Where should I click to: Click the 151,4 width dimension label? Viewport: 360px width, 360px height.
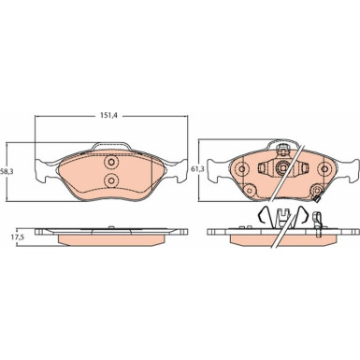point(108,115)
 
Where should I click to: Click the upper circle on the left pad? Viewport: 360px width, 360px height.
point(111,162)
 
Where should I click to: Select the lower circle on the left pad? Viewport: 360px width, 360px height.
point(111,180)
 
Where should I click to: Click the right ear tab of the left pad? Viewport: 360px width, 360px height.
point(177,171)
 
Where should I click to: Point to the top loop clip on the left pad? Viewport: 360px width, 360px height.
point(111,144)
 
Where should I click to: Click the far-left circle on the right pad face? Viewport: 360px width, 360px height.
point(242,169)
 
